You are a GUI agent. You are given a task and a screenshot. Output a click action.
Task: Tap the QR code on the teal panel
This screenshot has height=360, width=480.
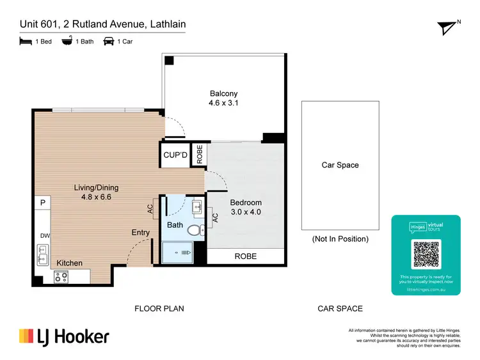click(426, 254)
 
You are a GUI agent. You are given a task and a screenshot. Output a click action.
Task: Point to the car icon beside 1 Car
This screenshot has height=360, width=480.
click(109, 42)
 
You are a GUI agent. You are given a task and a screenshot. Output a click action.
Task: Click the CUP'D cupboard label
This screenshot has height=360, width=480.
click(175, 155)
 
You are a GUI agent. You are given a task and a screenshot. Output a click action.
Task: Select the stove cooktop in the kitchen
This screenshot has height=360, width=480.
click(61, 277)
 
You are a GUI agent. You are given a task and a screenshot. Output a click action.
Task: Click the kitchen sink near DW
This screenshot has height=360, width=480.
click(42, 259)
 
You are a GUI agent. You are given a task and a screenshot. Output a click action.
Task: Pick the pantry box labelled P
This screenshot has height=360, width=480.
click(43, 203)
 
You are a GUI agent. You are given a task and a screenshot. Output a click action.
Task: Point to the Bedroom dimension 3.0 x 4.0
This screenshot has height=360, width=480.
click(245, 212)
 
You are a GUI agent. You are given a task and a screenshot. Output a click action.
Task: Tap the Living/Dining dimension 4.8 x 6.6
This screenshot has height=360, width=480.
click(96, 197)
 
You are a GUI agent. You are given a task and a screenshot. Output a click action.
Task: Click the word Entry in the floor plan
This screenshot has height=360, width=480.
click(141, 233)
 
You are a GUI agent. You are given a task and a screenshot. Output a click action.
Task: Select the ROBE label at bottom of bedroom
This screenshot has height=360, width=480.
click(245, 256)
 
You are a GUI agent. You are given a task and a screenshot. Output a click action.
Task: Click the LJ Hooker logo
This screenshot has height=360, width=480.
click(64, 337)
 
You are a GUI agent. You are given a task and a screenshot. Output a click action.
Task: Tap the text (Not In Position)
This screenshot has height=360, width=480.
click(340, 239)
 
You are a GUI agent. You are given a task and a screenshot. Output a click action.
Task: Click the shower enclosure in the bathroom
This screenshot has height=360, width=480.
click(177, 253)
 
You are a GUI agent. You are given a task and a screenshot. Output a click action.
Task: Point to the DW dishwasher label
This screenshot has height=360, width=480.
click(44, 236)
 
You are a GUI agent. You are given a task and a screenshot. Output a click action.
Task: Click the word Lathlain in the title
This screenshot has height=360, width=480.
click(168, 25)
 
